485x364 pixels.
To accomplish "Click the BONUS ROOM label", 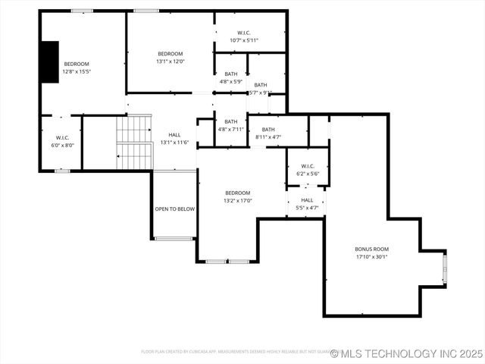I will point(371,249).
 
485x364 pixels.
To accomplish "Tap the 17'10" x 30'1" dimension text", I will point(371,256).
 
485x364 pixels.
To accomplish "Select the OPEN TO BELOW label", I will point(174,209).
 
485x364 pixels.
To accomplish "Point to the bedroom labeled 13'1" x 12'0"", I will point(170,58).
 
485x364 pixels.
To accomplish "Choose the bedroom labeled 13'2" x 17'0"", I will point(237,196).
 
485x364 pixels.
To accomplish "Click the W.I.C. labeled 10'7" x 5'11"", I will point(244,36).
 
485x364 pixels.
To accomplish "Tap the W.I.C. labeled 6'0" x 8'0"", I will point(62,141).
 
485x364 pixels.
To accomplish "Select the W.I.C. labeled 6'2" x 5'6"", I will point(307,170).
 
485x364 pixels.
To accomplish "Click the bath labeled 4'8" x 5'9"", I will point(230,77).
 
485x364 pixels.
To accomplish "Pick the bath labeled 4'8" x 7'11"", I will point(230,125).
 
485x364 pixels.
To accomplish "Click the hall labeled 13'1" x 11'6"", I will point(174,138).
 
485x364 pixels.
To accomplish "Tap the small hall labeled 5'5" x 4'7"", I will point(306,203).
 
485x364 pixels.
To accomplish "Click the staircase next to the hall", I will point(134,143).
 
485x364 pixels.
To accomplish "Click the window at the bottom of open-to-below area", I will point(174,239).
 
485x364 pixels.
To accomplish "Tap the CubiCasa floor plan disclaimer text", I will point(235,352).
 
